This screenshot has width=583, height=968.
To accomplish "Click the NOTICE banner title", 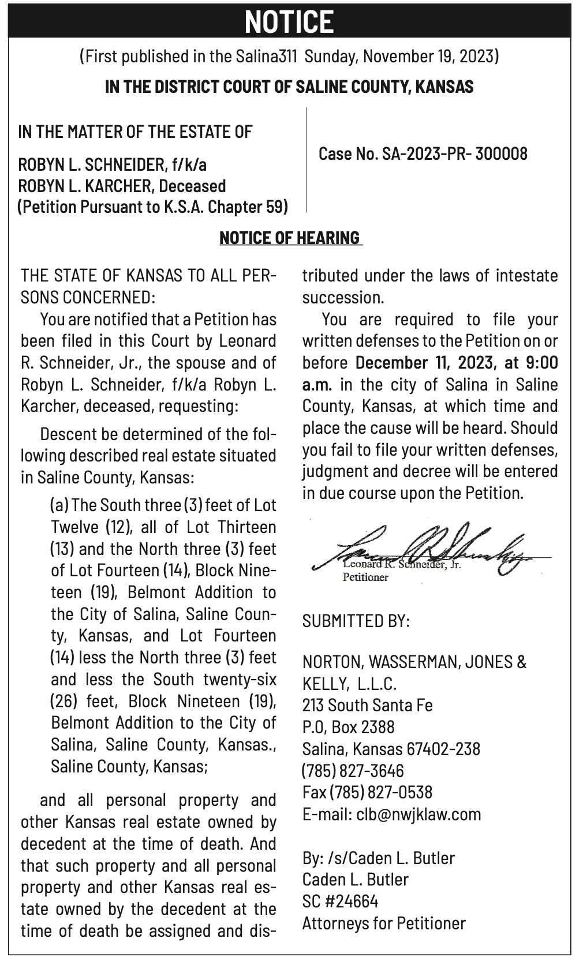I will [x=289, y=21].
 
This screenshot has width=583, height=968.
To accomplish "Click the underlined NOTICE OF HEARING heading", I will [x=290, y=238].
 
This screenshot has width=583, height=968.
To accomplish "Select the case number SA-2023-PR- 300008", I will [x=423, y=153].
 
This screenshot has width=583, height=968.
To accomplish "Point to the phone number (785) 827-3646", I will [x=353, y=771].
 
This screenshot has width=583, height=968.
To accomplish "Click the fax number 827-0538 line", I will [x=367, y=792].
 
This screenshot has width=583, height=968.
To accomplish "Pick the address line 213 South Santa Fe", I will [x=367, y=705].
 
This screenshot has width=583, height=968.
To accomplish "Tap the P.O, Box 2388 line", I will [x=348, y=727].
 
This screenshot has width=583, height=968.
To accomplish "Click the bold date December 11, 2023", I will [x=424, y=363].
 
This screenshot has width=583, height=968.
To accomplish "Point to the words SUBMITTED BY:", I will [x=356, y=621].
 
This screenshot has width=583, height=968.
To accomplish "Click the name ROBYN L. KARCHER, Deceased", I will [x=122, y=186].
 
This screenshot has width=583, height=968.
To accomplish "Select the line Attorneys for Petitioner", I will [x=384, y=923].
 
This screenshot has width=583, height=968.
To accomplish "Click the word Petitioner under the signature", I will [x=365, y=577].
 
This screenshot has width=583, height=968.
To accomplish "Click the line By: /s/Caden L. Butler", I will [x=378, y=858].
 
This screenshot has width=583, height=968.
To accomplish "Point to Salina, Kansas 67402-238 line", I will [x=391, y=749].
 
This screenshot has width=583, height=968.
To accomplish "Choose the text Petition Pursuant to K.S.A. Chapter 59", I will [x=152, y=207].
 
